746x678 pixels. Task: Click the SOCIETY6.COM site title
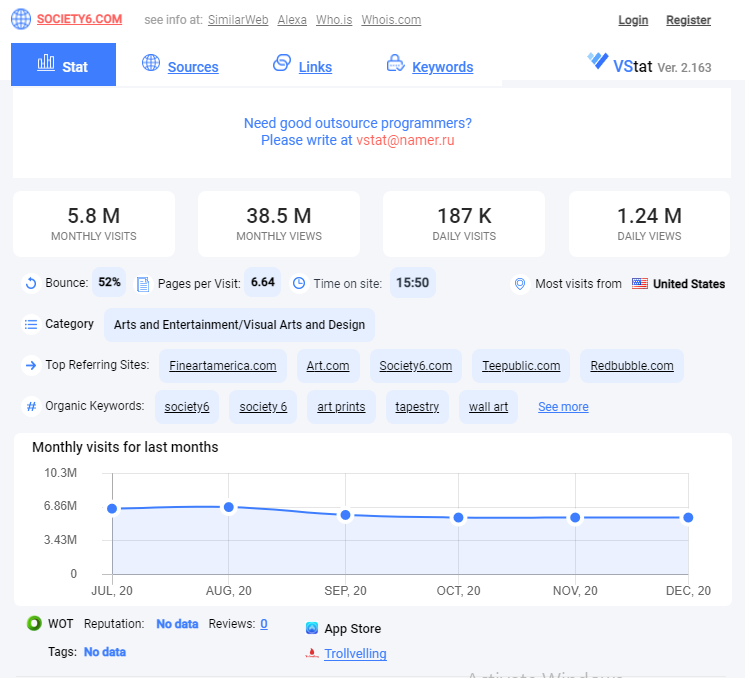click(x=79, y=19)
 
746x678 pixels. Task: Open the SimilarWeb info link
click(x=238, y=20)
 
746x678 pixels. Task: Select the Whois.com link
click(x=391, y=20)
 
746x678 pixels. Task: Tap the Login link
click(x=633, y=20)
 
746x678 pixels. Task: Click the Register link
click(x=688, y=20)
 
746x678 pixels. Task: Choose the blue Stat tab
click(x=63, y=64)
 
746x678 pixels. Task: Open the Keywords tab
click(x=442, y=67)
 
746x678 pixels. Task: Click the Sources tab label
click(x=193, y=67)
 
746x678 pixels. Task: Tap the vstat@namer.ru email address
click(x=405, y=140)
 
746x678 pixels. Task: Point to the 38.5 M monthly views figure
click(x=279, y=216)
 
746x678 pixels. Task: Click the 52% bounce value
click(x=109, y=282)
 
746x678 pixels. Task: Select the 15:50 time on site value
click(x=412, y=283)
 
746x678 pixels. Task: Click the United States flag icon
click(x=639, y=284)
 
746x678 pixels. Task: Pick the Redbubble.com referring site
click(x=632, y=366)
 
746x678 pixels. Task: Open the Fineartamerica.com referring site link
click(x=223, y=366)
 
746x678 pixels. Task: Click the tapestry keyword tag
click(x=417, y=407)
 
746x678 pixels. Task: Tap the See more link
click(x=563, y=407)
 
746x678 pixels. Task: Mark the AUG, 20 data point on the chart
click(x=229, y=507)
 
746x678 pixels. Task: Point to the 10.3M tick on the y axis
click(x=60, y=473)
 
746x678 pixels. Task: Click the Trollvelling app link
click(x=355, y=654)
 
